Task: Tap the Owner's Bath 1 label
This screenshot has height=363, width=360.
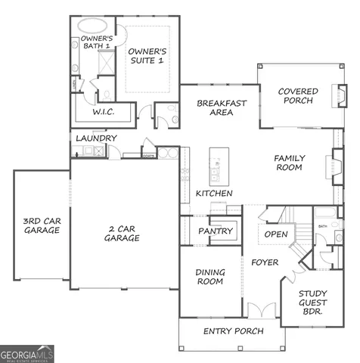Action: pos(97,43)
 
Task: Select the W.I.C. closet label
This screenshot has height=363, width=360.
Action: pos(104,111)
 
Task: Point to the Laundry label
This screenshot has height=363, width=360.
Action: pos(96,138)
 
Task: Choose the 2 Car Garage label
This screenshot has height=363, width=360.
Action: pos(121,233)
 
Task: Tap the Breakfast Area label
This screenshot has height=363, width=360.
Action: pos(218,107)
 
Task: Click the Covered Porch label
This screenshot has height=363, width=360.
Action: pos(297,96)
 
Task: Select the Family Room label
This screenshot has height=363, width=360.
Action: pos(288,162)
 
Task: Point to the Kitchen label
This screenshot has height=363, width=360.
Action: pos(214,194)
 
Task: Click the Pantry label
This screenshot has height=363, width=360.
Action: pos(214,231)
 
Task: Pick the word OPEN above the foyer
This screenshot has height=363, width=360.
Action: pos(275,234)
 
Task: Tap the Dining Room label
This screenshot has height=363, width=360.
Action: pos(209,277)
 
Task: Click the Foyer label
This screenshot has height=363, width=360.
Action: pos(265,262)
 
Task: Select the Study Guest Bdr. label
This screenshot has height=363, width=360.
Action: pos(312,302)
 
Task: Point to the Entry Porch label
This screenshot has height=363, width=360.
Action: pos(233,331)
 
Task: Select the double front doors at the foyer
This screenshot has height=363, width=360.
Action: pos(261,310)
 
